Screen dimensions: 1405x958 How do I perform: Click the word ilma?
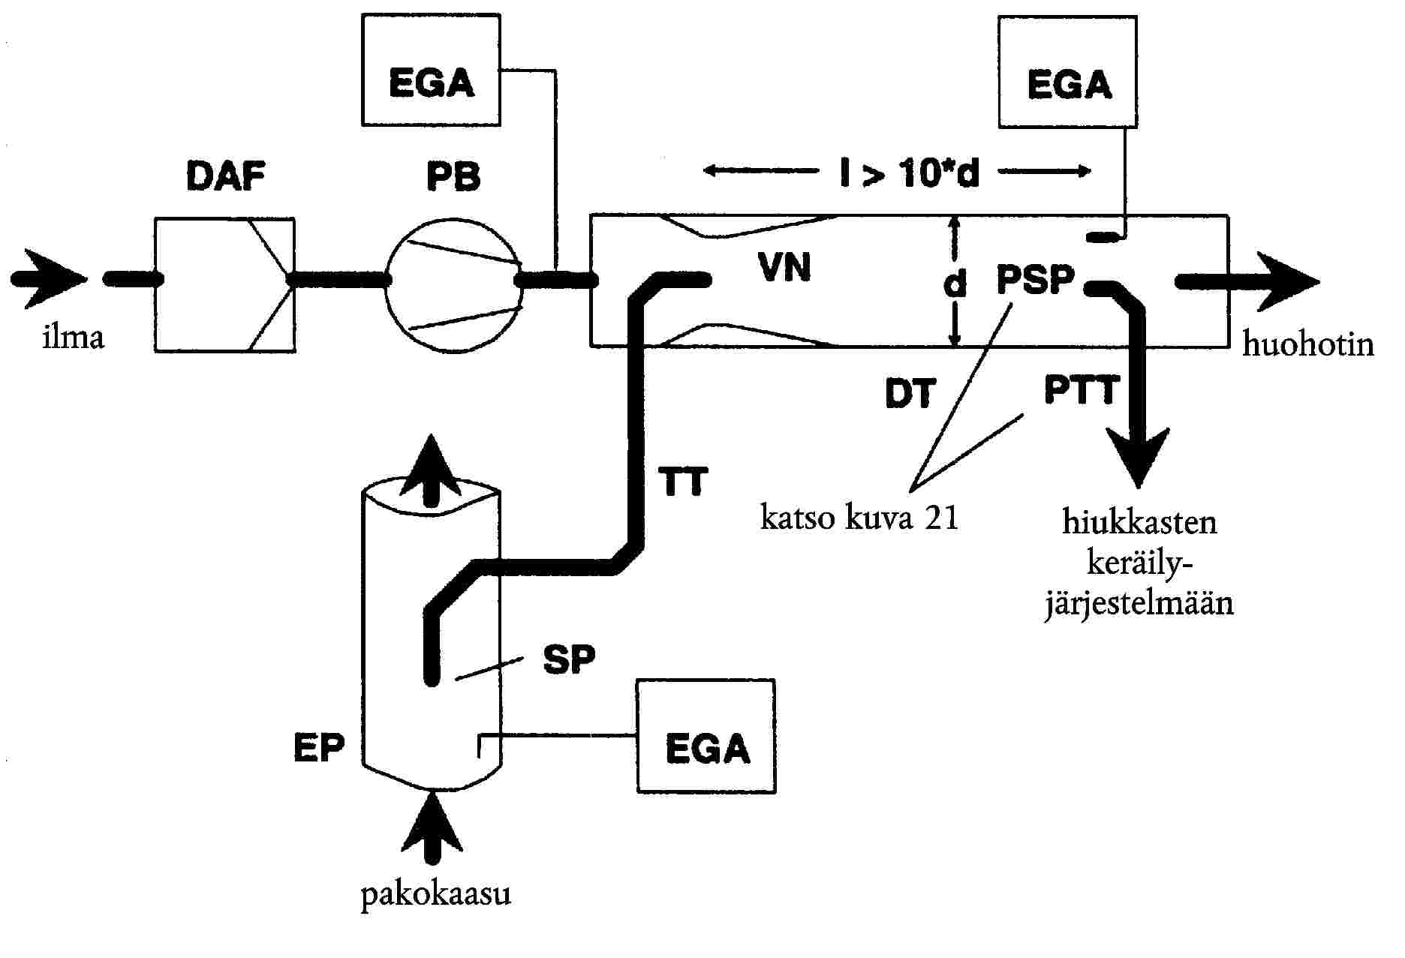tap(73, 338)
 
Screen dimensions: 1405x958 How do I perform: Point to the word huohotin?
tap(1308, 344)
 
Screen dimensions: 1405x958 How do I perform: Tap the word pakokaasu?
tap(436, 894)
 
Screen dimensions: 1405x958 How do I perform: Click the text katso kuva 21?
tap(860, 518)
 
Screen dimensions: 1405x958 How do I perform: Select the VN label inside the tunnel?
tap(785, 268)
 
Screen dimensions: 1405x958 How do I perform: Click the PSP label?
tap(1036, 280)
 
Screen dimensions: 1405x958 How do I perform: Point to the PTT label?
tap(1082, 390)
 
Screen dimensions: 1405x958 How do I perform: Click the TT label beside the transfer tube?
tap(683, 482)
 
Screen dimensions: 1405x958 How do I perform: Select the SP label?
tap(569, 659)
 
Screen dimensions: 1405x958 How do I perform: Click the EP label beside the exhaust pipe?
tap(319, 747)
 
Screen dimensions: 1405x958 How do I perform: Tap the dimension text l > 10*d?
tap(910, 174)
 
